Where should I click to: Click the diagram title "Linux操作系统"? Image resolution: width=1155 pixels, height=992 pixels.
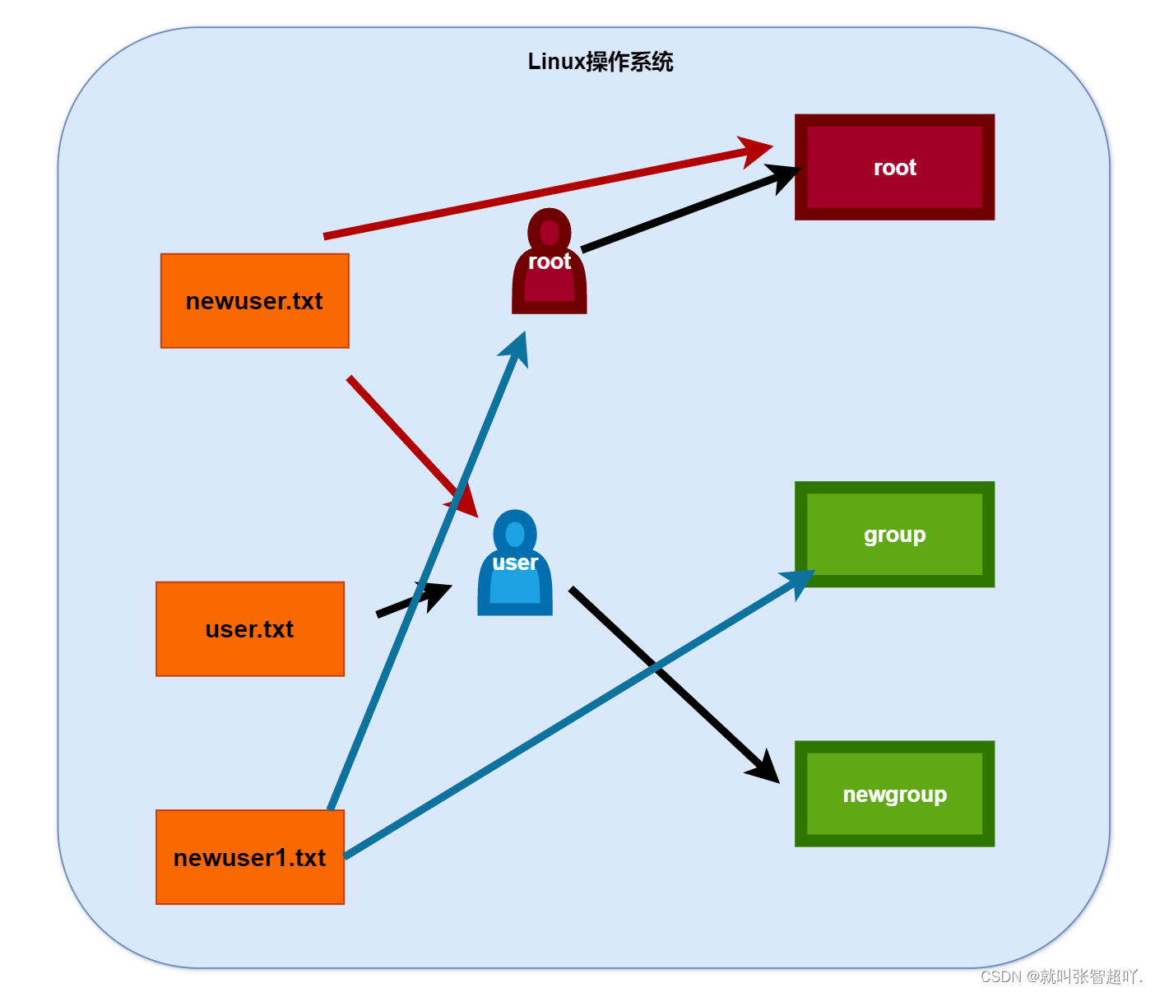pyautogui.click(x=601, y=62)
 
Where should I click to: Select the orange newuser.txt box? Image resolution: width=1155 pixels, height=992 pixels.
pyautogui.click(x=255, y=301)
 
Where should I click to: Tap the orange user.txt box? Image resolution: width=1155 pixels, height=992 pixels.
pyautogui.click(x=250, y=629)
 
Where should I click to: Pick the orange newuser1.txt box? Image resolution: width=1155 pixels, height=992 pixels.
pyautogui.click(x=250, y=857)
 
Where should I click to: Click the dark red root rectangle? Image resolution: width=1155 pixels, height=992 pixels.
pyautogui.click(x=894, y=167)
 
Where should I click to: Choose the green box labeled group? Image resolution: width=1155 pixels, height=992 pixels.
pyautogui.click(x=894, y=535)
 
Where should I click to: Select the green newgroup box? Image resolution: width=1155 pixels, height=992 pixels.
pyautogui.click(x=894, y=794)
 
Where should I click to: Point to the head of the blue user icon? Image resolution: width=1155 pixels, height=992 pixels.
pyautogui.click(x=515, y=534)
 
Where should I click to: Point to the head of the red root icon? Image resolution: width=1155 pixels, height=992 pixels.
pyautogui.click(x=550, y=233)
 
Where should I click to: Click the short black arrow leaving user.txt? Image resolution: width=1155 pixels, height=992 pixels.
pyautogui.click(x=411, y=600)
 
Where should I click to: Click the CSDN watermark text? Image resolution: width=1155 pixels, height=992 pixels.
pyautogui.click(x=1061, y=976)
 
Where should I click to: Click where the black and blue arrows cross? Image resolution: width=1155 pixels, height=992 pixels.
pyautogui.click(x=656, y=668)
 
